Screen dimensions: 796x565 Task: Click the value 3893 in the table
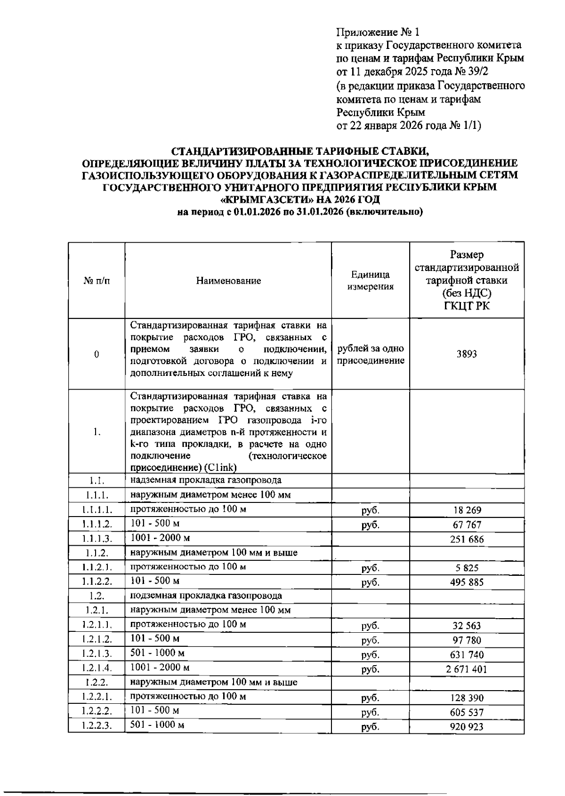pyautogui.click(x=466, y=354)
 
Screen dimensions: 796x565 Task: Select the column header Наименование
pyautogui.click(x=228, y=281)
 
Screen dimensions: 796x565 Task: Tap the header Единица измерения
pyautogui.click(x=370, y=281)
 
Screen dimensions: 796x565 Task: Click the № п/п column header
pyautogui.click(x=97, y=281)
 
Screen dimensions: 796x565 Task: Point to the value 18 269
pyautogui.click(x=466, y=510)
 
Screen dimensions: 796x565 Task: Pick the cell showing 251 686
pyautogui.click(x=466, y=539)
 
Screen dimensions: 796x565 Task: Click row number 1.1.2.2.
pyautogui.click(x=97, y=582)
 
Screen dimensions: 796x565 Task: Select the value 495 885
pyautogui.click(x=466, y=582)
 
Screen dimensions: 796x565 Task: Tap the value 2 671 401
pyautogui.click(x=466, y=669)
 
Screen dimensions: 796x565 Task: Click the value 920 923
pyautogui.click(x=466, y=727)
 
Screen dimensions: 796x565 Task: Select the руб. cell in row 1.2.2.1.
pyautogui.click(x=370, y=698)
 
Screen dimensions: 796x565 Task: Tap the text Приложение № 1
pyautogui.click(x=377, y=32)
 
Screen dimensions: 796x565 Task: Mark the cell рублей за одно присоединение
pyautogui.click(x=370, y=355)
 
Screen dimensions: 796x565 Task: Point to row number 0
pyautogui.click(x=97, y=355)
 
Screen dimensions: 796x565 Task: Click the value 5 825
pyautogui.click(x=466, y=568)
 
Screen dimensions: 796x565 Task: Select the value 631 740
pyautogui.click(x=466, y=655)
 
